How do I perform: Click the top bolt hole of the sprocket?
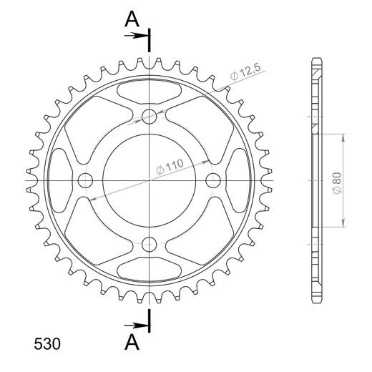[150, 117]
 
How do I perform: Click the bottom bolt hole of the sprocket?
[150, 243]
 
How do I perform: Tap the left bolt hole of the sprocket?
[86, 180]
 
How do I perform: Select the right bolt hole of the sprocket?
[212, 180]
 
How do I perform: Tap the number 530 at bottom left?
[47, 344]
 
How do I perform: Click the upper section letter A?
[132, 20]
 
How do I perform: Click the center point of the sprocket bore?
[150, 180]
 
